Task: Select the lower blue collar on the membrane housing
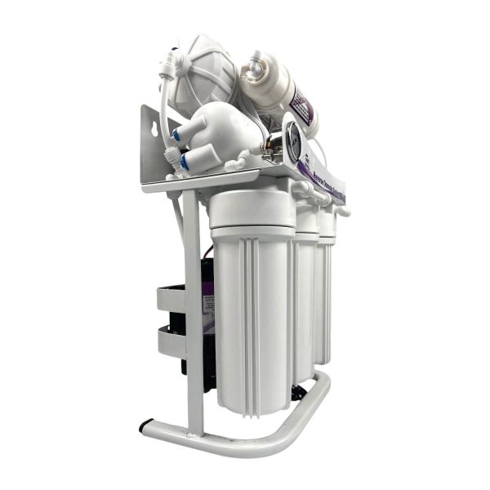(x=181, y=162)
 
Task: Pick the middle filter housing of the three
(x=306, y=294)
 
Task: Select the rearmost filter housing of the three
(x=326, y=286)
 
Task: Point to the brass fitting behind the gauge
(x=269, y=147)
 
